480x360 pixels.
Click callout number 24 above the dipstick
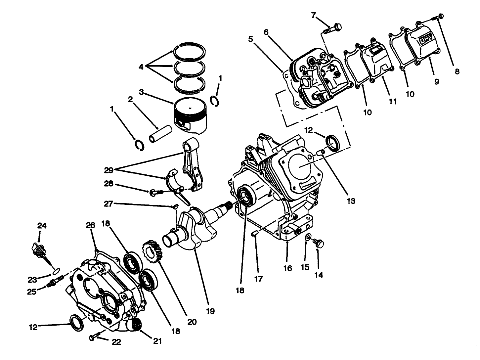point(42,226)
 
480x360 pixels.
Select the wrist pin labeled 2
point(160,133)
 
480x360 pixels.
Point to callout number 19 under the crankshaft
point(210,311)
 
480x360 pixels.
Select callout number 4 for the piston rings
point(141,67)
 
